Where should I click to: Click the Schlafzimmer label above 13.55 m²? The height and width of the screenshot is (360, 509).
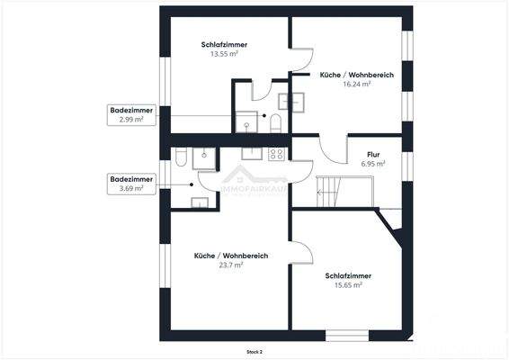pyautogui.click(x=224, y=44)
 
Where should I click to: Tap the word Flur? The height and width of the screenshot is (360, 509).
pyautogui.click(x=372, y=154)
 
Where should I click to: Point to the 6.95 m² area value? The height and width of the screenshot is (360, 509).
pyautogui.click(x=372, y=164)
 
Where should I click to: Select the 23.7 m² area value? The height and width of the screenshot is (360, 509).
pyautogui.click(x=231, y=265)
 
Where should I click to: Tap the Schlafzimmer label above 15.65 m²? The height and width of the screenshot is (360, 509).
pyautogui.click(x=348, y=275)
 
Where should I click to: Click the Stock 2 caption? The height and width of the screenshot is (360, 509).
pyautogui.click(x=255, y=351)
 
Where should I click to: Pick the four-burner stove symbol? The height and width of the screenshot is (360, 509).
pyautogui.click(x=276, y=154)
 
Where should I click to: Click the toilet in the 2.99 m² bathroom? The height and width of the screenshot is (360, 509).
pyautogui.click(x=276, y=122)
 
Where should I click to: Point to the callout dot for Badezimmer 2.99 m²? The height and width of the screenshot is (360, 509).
pyautogui.click(x=263, y=115)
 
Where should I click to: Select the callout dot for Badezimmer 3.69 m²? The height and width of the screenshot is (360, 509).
pyautogui.click(x=191, y=184)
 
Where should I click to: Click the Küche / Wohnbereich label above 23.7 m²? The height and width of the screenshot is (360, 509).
pyautogui.click(x=231, y=256)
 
